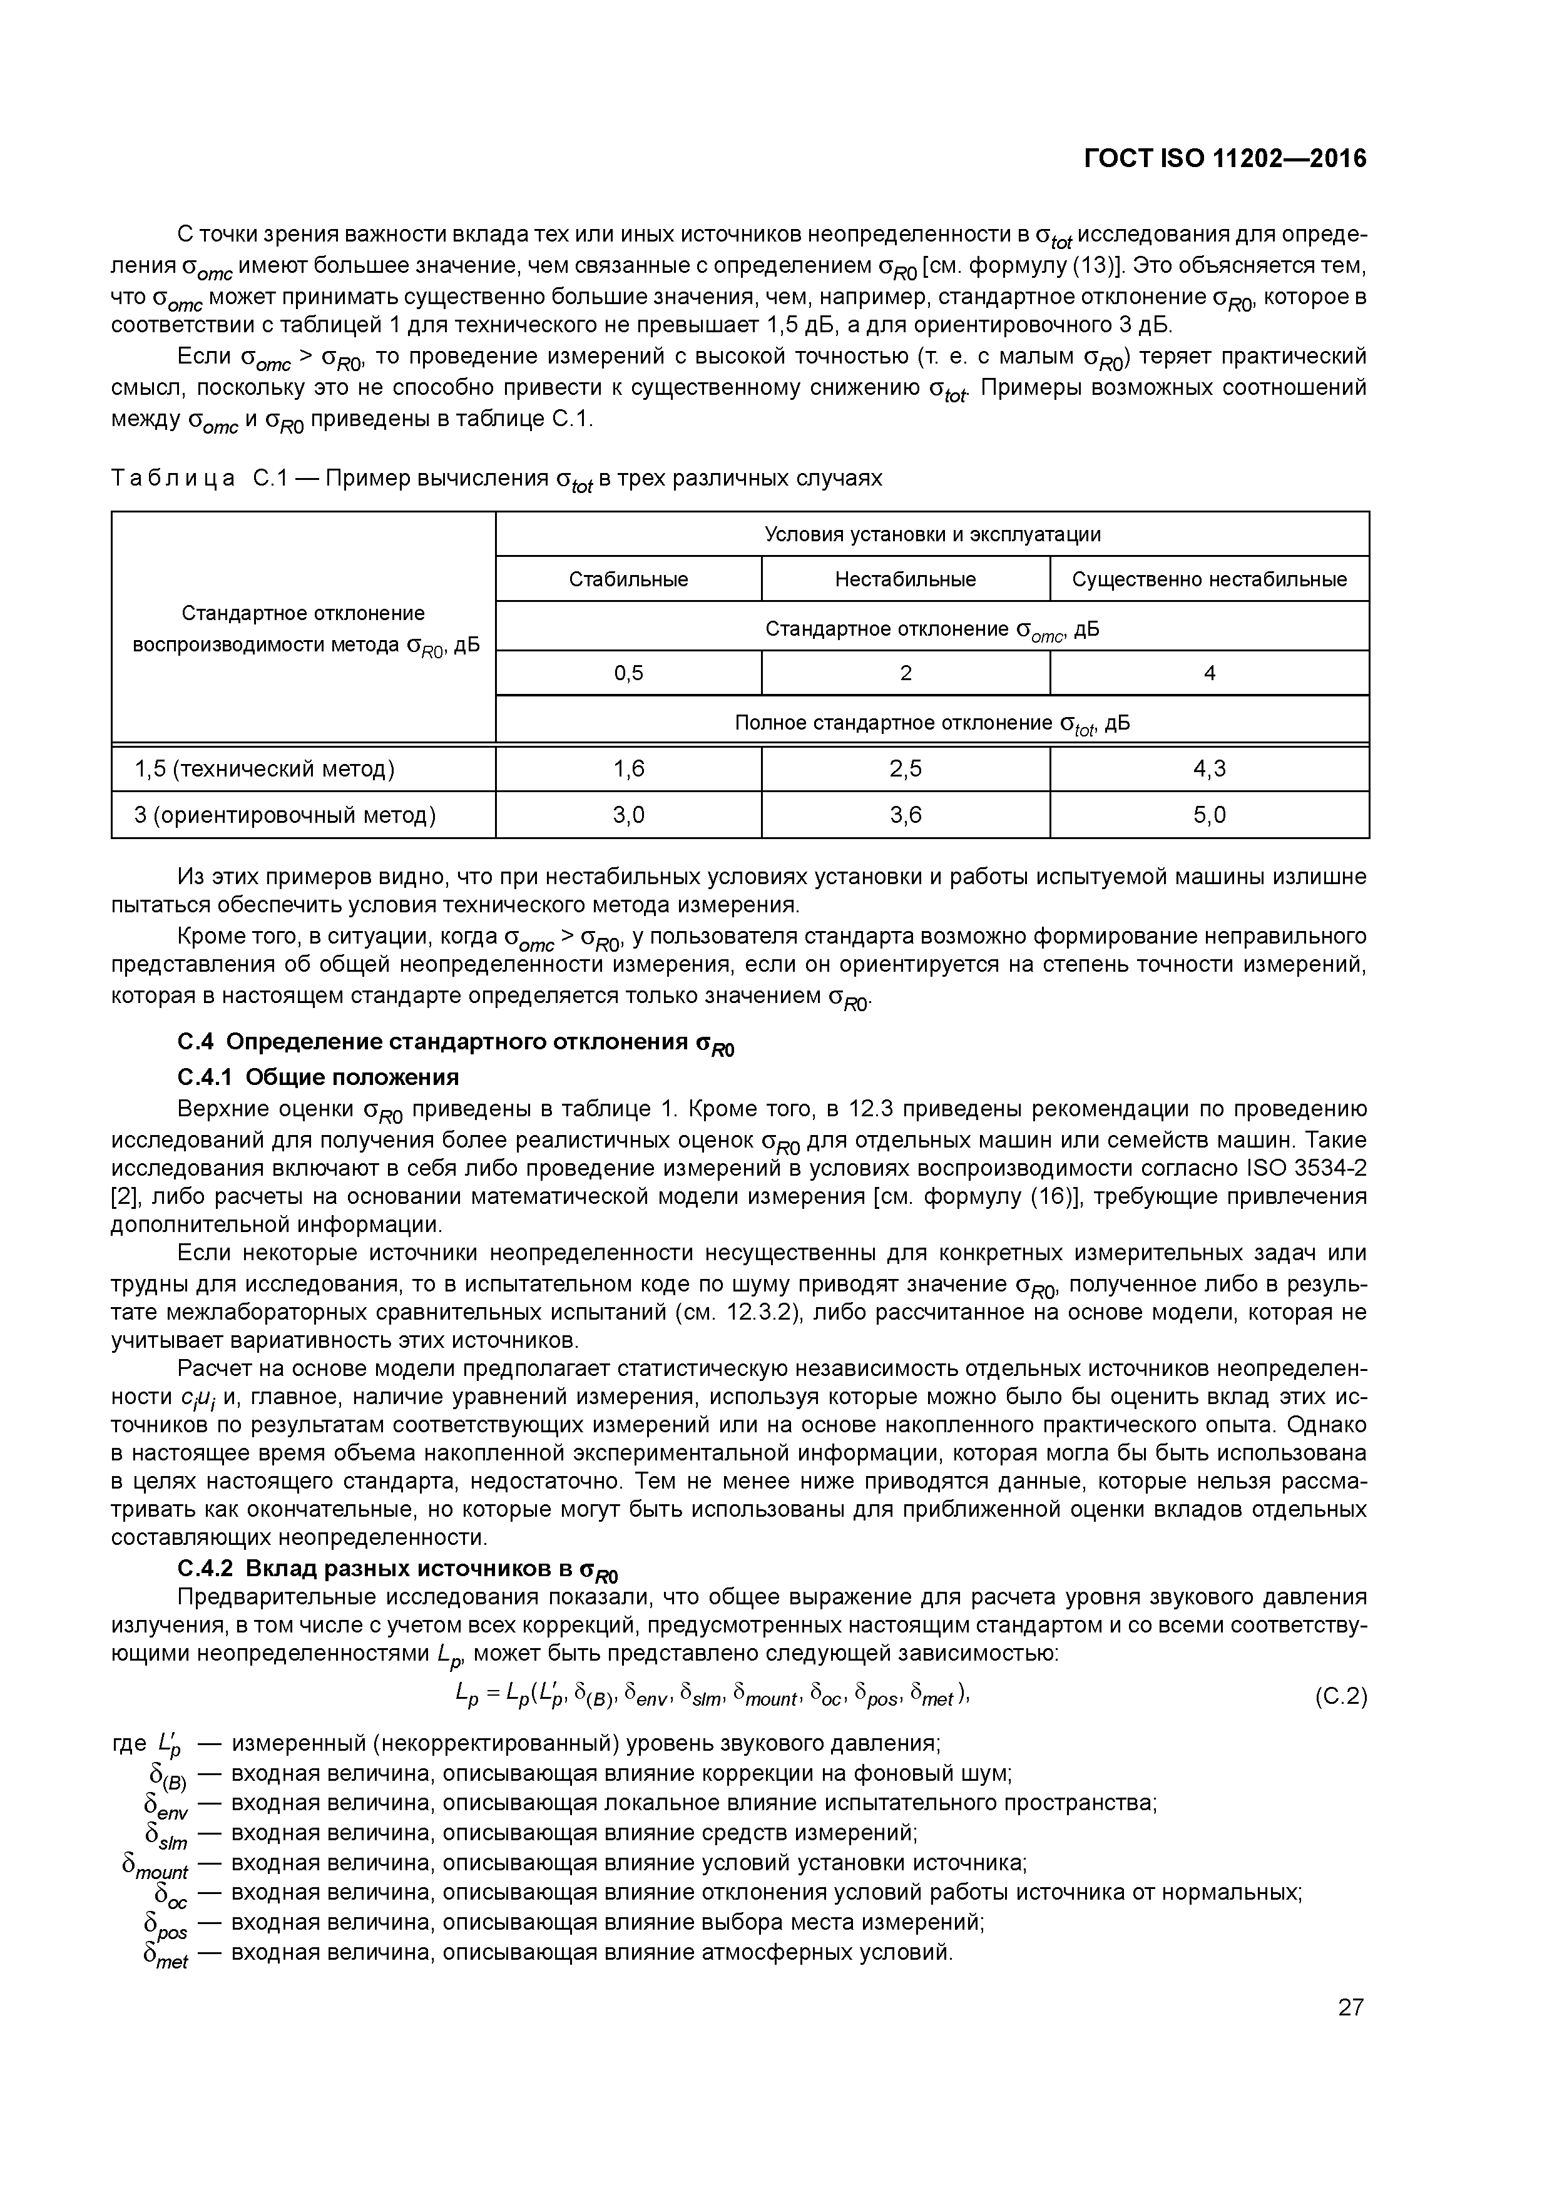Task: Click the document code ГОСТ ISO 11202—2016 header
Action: pos(1225,159)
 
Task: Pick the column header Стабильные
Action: pos(628,579)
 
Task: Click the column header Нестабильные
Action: pos(905,579)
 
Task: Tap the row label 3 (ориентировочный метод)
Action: pos(285,815)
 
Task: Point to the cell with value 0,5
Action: pos(628,673)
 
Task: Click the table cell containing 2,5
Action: pos(905,768)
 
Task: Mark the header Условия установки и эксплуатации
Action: pos(932,534)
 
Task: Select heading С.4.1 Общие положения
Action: pos(319,1077)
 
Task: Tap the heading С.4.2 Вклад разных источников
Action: pos(398,1569)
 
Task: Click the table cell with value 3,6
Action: pos(905,815)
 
